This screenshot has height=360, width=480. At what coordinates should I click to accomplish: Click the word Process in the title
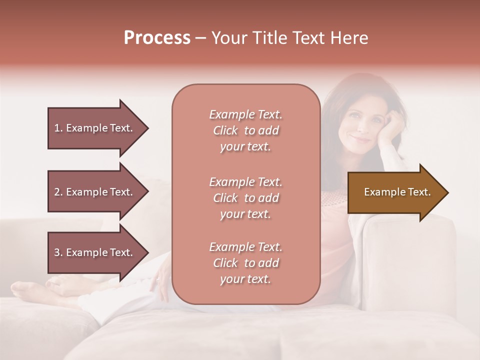(x=157, y=38)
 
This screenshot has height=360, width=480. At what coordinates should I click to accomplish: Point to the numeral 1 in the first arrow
(x=56, y=128)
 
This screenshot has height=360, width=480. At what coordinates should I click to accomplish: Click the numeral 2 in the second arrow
(x=57, y=192)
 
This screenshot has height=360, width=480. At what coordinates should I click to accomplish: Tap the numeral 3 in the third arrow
(x=57, y=252)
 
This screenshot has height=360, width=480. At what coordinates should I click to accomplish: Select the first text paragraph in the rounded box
(x=246, y=130)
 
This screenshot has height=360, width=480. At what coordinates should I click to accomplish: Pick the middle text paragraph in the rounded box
(x=246, y=198)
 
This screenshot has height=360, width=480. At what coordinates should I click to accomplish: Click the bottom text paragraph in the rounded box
(x=246, y=263)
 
